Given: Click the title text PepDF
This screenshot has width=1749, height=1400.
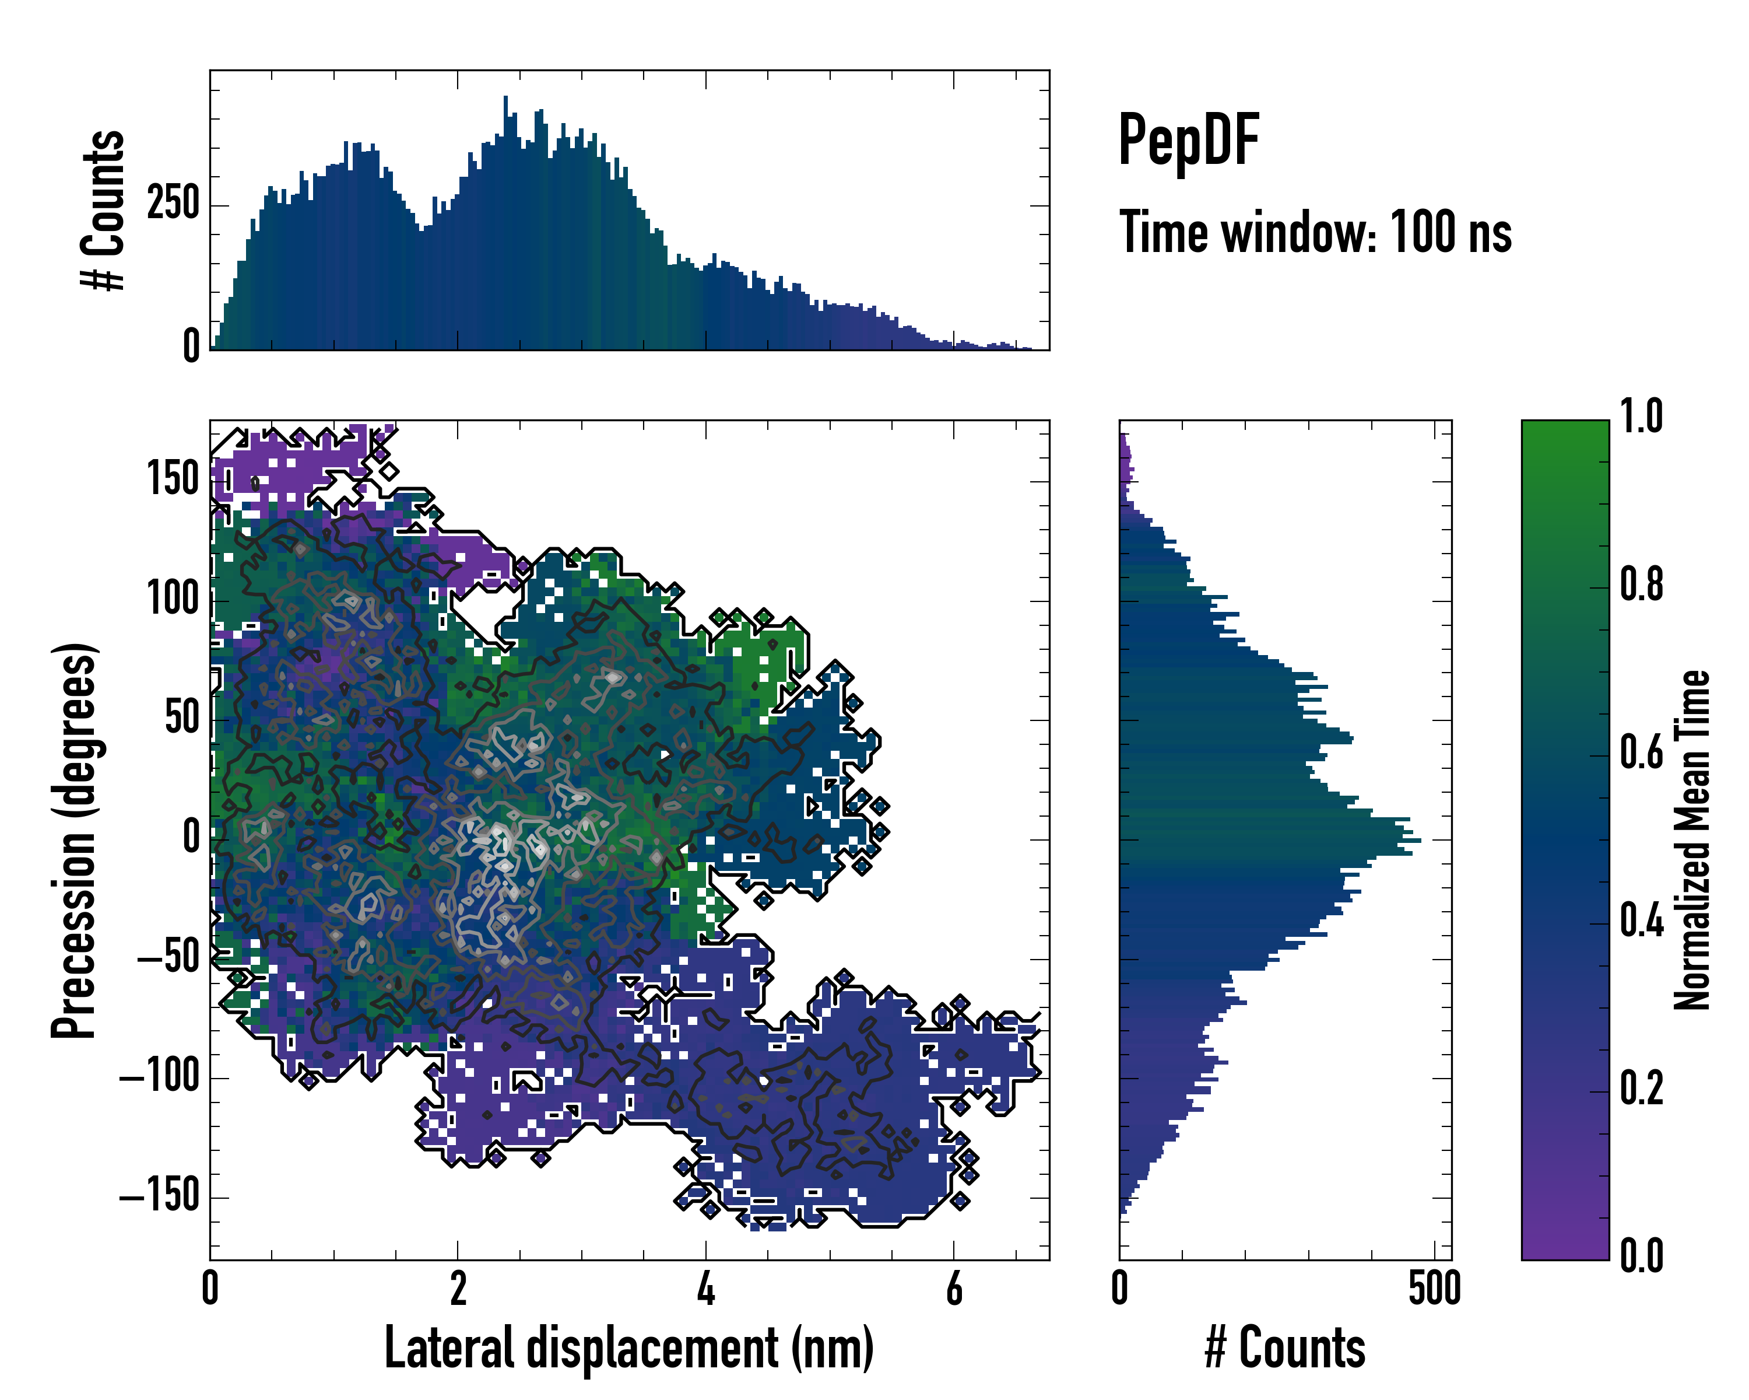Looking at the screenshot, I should point(1188,141).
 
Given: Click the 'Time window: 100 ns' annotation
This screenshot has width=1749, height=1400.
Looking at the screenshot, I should point(1314,232).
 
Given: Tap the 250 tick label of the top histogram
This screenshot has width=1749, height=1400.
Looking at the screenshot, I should point(173,203).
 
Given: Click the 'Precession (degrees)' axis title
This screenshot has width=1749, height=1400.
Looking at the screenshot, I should point(74,840).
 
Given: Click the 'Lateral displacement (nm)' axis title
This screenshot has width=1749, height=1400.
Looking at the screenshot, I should point(628,1348).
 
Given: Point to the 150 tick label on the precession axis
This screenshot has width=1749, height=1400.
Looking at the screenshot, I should point(173,479).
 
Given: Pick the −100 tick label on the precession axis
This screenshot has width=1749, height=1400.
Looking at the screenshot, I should point(159,1078).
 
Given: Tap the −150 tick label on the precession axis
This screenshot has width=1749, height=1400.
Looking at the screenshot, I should point(159,1197).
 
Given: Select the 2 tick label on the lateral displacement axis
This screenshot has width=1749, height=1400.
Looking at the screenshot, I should point(458,1289).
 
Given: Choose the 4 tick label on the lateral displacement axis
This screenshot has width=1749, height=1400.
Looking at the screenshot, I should point(706,1289).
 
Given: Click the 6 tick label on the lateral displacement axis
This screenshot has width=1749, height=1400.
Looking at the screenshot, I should point(954,1289).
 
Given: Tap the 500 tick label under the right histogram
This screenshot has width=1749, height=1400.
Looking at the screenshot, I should point(1434,1289).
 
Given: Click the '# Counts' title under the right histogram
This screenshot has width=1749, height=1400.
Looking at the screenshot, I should point(1285,1348).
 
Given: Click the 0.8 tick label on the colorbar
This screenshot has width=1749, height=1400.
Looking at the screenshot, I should point(1641,584).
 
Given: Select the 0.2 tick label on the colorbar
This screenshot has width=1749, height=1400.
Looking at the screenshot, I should point(1641,1087).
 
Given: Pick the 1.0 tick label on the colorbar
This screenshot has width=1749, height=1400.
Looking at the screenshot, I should point(1641,416).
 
